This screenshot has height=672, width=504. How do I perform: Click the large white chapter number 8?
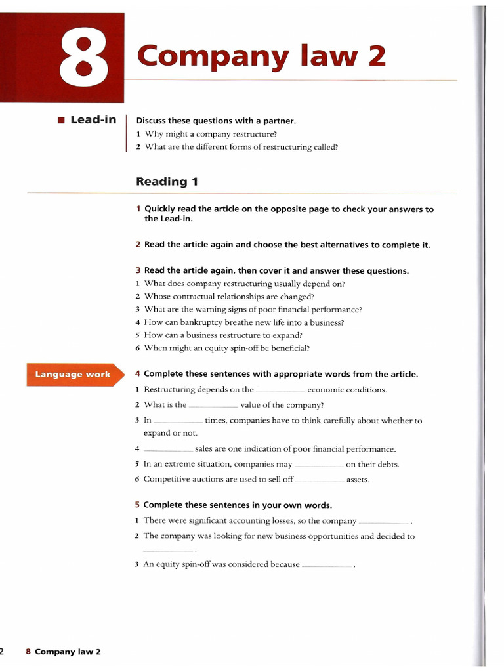84,58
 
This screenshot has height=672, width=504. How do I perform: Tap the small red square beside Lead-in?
61,120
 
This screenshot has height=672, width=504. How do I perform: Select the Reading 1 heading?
167,181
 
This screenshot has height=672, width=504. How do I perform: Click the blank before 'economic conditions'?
280,390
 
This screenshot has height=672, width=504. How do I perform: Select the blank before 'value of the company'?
213,406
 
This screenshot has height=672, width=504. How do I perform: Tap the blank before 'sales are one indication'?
167,450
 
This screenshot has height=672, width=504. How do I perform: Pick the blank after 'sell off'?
320,480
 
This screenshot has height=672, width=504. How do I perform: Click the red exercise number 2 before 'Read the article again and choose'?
138,245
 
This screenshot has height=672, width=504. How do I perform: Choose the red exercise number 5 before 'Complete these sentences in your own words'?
138,505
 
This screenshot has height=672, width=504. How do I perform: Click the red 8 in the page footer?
28,652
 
